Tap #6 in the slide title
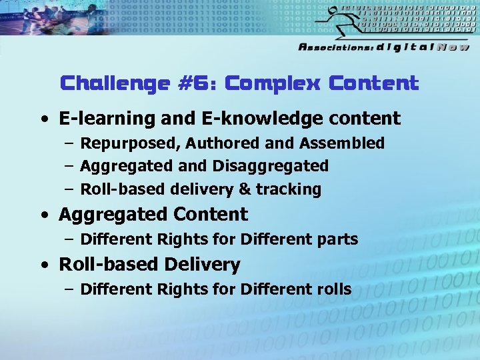pyautogui.click(x=199, y=84)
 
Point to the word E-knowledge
pyautogui.click(x=248, y=119)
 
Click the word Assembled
pyautogui.click(x=342, y=143)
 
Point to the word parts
pyautogui.click(x=339, y=239)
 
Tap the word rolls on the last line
pyautogui.click(x=331, y=289)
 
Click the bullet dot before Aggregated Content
pyautogui.click(x=43, y=215)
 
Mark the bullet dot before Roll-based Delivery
pyautogui.click(x=43, y=265)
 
